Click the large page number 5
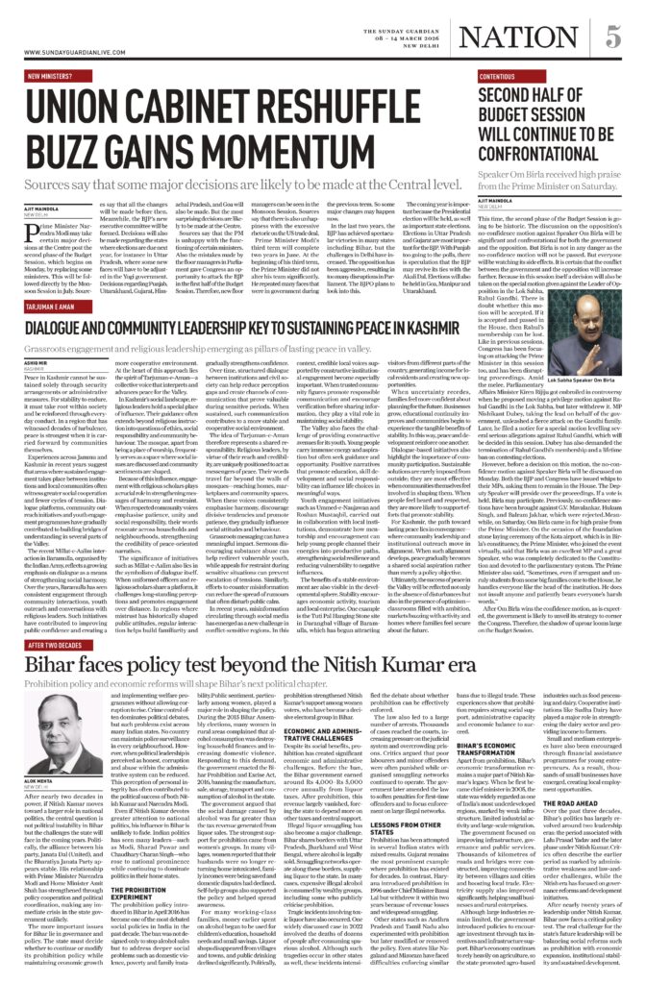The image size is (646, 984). [611, 39]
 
